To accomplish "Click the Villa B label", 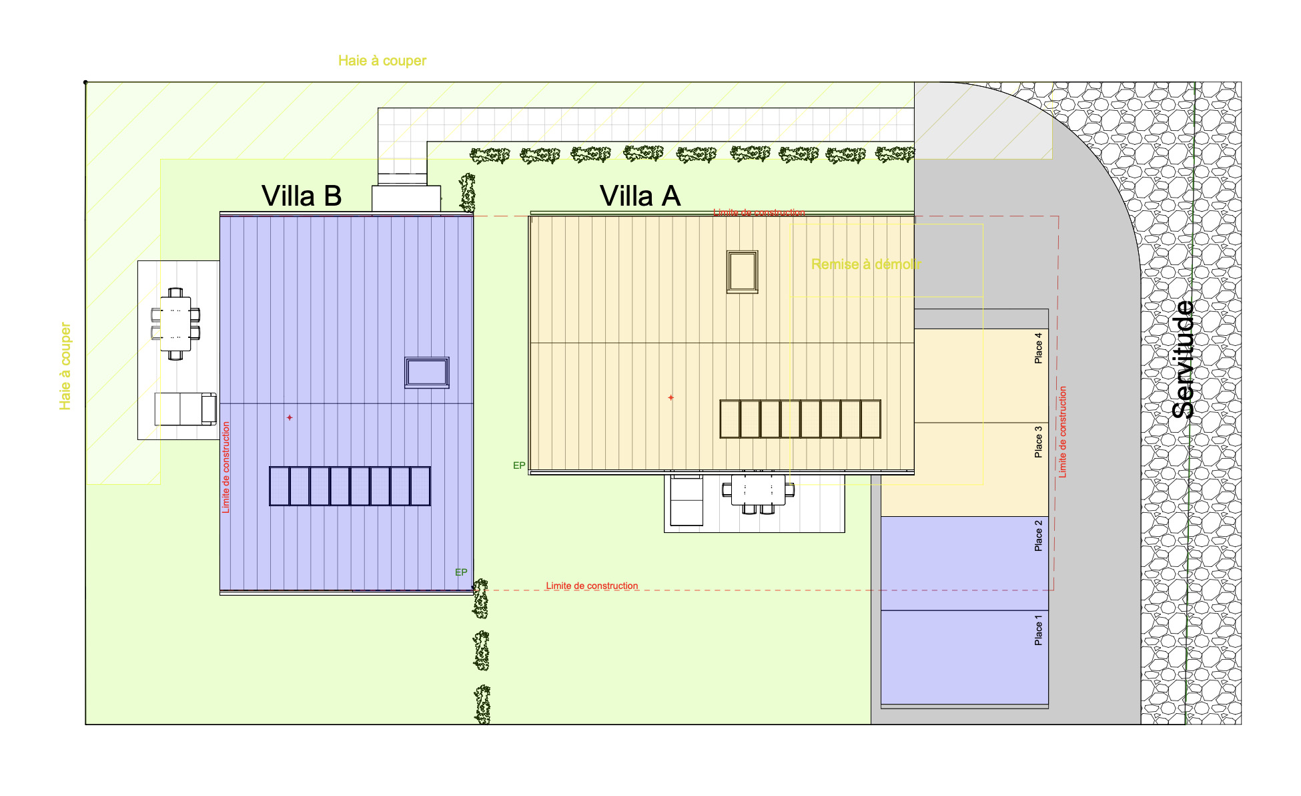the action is [x=302, y=196].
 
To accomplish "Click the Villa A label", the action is [x=640, y=196].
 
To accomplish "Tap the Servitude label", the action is [x=1184, y=359].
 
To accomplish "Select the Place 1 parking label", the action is [x=1038, y=630].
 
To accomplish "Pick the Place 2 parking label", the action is [x=1038, y=536].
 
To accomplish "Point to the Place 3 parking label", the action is [x=1038, y=442].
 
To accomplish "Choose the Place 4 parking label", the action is [x=1038, y=348].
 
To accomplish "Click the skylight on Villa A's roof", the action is [x=743, y=272].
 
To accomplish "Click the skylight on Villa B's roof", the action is [x=427, y=373].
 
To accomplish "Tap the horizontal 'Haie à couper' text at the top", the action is [x=382, y=61].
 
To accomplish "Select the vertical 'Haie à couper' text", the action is [x=65, y=366].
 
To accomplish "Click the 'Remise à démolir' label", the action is [x=866, y=264].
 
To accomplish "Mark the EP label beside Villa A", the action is [x=519, y=465].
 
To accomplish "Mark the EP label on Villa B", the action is [x=461, y=572].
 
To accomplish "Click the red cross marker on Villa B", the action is [x=290, y=417].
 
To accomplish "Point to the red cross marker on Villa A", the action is [x=671, y=397].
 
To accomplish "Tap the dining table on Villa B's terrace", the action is [x=175, y=324].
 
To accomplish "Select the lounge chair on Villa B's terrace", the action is [x=185, y=409].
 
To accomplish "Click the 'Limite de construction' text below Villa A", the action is [x=592, y=586].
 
